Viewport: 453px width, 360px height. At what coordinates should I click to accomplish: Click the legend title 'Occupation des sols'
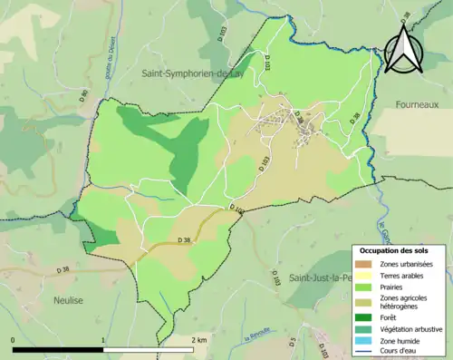[x=395, y=249]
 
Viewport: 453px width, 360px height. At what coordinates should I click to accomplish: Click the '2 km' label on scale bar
[x=199, y=339]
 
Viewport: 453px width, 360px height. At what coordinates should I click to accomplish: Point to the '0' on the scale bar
[x=13, y=339]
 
